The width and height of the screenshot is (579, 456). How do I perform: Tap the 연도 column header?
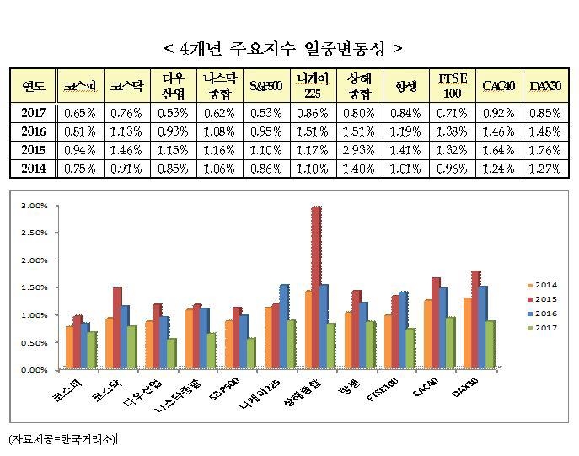[34, 85]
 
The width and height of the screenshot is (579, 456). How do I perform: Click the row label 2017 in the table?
[34, 112]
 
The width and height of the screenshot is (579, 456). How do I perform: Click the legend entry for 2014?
[539, 284]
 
